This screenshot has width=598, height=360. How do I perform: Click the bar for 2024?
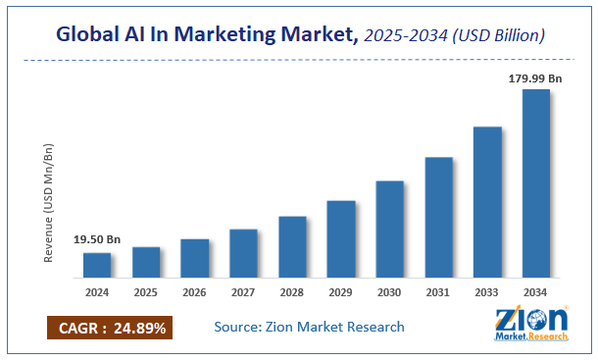(x=97, y=266)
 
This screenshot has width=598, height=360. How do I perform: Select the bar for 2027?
(x=243, y=254)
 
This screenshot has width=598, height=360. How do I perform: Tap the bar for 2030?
(x=390, y=230)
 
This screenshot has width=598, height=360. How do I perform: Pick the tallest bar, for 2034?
(x=536, y=184)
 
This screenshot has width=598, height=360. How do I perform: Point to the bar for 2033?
(x=487, y=203)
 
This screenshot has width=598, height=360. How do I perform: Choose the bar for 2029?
(x=341, y=239)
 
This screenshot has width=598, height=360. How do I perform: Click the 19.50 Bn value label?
(x=97, y=239)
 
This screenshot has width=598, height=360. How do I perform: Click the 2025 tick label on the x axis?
(x=146, y=292)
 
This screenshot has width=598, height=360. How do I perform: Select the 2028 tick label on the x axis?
(x=292, y=292)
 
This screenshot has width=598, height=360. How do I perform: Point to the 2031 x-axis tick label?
(x=438, y=292)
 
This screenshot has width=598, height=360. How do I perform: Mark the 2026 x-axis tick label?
(x=194, y=292)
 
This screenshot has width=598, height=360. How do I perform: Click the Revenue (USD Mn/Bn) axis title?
(x=48, y=203)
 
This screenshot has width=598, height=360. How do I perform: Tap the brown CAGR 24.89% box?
(x=110, y=327)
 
